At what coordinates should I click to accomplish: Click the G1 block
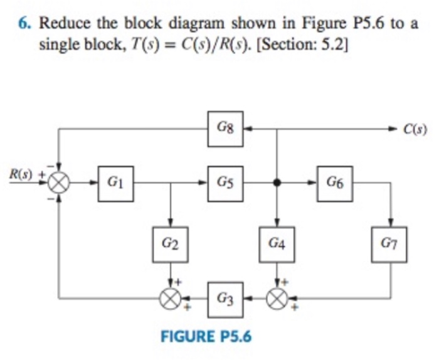(115, 183)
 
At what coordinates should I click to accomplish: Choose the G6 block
(334, 183)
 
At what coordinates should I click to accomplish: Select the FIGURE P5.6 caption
(206, 336)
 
